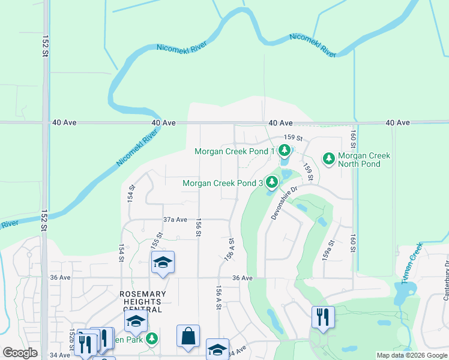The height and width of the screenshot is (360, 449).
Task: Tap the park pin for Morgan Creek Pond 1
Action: (285, 151)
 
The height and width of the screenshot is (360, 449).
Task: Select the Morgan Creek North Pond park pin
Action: (328, 158)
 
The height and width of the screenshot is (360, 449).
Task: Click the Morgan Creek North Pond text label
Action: (364, 160)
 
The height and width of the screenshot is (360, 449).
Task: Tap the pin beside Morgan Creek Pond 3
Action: (272, 182)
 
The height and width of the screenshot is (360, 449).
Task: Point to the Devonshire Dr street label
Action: (284, 203)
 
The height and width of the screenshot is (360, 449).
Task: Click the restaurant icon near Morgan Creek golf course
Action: (323, 317)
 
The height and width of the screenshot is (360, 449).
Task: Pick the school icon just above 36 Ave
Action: (163, 263)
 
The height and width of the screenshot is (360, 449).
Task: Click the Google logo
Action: (20, 353)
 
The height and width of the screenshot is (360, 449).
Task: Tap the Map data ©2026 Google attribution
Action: (412, 355)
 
